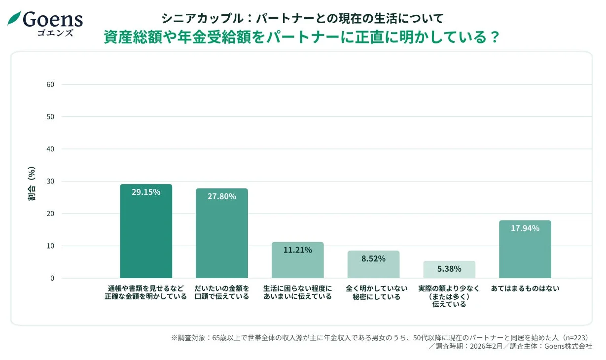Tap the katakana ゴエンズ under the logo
point(55,33)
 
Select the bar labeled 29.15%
point(146,232)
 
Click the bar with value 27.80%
point(221,234)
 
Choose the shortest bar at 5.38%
point(449,270)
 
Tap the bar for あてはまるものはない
point(525,250)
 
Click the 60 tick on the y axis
point(50,84)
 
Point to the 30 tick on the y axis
point(50,181)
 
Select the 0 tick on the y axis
point(52,278)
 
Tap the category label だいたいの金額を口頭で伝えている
point(221,292)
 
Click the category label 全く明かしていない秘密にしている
point(373,292)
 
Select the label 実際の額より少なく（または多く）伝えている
point(449,296)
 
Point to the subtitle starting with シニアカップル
point(302,19)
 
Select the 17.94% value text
point(525,228)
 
